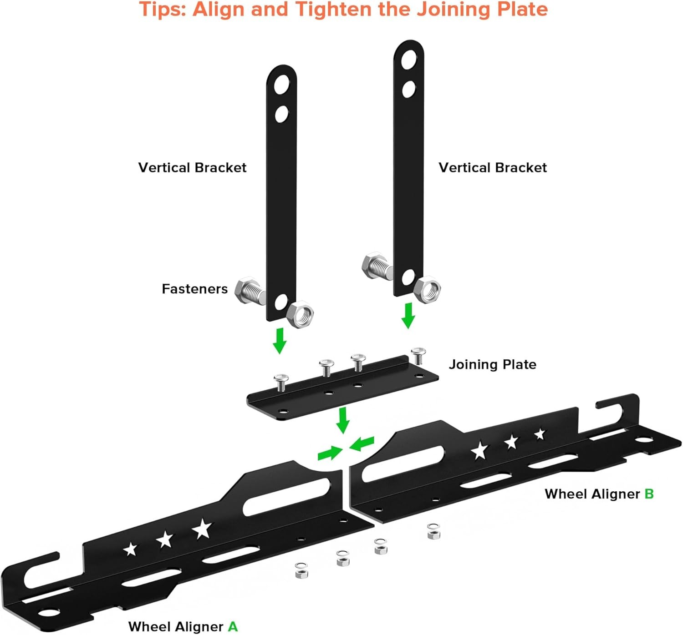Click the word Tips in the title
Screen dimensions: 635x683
click(x=162, y=10)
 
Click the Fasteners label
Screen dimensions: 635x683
click(x=194, y=289)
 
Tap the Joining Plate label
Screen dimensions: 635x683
click(x=492, y=364)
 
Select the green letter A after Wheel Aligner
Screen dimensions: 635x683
click(x=233, y=626)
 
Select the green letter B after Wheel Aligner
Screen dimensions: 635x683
click(x=649, y=494)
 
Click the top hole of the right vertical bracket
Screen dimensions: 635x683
click(x=409, y=59)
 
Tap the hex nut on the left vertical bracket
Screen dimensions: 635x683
click(x=301, y=313)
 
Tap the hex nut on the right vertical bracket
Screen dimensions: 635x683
click(x=428, y=289)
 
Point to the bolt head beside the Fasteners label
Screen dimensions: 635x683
click(x=245, y=289)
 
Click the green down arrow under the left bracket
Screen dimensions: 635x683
click(x=280, y=340)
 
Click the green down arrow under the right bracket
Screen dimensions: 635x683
click(x=408, y=315)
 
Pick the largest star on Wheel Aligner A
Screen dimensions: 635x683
click(x=202, y=529)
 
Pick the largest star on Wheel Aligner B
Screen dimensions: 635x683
click(x=479, y=450)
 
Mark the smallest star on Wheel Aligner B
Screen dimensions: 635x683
click(x=540, y=434)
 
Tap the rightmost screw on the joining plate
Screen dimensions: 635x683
click(x=418, y=355)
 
